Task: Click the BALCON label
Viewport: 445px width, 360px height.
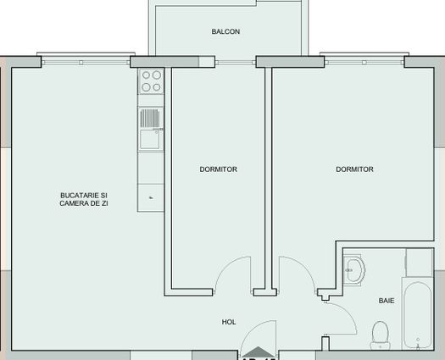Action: coord(225,32)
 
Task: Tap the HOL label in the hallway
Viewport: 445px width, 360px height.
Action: coord(228,322)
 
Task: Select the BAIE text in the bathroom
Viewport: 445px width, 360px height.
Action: coord(386,300)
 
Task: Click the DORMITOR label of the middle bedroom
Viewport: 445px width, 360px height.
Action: coord(218,169)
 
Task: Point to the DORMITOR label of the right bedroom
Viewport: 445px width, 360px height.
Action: coord(354,169)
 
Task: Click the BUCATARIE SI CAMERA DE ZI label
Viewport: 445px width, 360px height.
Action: coord(84,199)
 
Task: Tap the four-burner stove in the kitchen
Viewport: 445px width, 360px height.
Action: coord(151,81)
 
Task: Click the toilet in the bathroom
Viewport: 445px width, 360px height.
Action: coord(381,334)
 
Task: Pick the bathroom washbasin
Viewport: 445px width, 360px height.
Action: coord(354,272)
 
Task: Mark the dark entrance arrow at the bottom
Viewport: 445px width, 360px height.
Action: coord(257,353)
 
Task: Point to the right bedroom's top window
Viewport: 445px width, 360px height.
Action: coord(362,61)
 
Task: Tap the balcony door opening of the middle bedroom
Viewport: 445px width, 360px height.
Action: coord(235,61)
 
